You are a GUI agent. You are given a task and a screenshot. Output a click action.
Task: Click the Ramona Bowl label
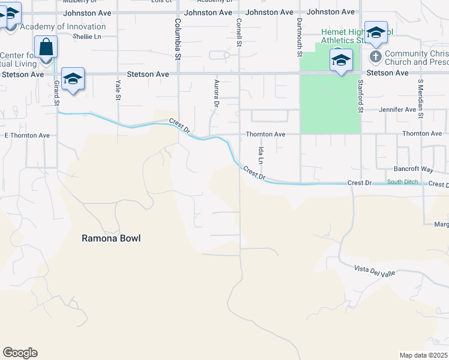[x=111, y=238]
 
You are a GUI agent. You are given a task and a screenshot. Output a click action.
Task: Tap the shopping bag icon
[x=46, y=46]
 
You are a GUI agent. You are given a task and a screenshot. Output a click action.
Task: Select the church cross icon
[x=376, y=57]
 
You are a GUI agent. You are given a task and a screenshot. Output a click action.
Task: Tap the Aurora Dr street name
[x=215, y=92]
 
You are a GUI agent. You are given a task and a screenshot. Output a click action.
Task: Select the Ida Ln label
[x=261, y=155]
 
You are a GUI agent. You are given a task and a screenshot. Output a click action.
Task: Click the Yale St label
[x=118, y=89]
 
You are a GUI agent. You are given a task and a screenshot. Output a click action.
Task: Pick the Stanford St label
[x=361, y=96]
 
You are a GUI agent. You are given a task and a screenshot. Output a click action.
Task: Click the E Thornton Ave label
[x=27, y=136]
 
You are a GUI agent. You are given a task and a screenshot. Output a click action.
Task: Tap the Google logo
[x=20, y=352]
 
